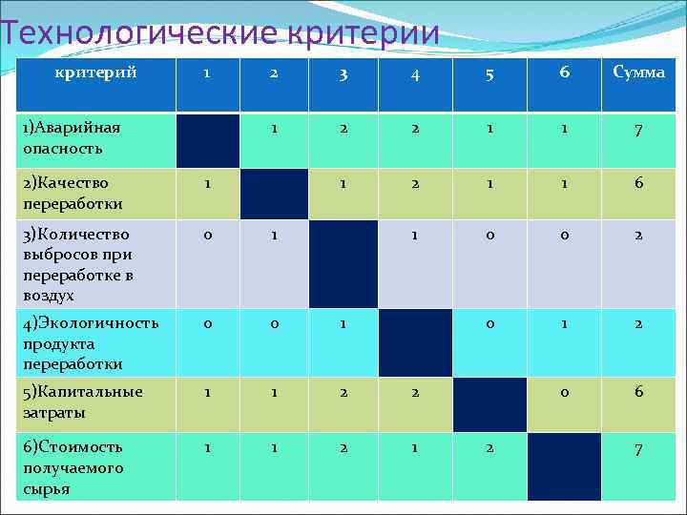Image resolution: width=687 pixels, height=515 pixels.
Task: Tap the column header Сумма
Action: click(x=638, y=73)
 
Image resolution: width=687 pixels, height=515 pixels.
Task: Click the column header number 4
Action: click(x=414, y=75)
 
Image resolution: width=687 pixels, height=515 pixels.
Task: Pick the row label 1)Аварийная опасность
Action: click(x=72, y=137)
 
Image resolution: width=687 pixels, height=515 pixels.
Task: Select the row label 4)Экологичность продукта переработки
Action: click(x=91, y=343)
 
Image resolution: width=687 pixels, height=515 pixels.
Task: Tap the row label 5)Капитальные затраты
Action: click(x=83, y=402)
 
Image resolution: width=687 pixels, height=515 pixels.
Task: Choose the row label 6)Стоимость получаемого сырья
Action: click(x=73, y=467)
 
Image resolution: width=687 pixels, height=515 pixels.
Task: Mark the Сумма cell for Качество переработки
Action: click(x=638, y=182)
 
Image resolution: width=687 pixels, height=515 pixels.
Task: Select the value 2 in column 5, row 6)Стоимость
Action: click(x=490, y=447)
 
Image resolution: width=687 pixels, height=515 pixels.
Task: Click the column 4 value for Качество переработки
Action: click(x=414, y=182)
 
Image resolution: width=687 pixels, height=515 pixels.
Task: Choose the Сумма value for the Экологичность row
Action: click(x=638, y=323)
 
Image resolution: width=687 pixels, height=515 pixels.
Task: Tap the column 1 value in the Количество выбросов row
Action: click(x=207, y=234)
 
